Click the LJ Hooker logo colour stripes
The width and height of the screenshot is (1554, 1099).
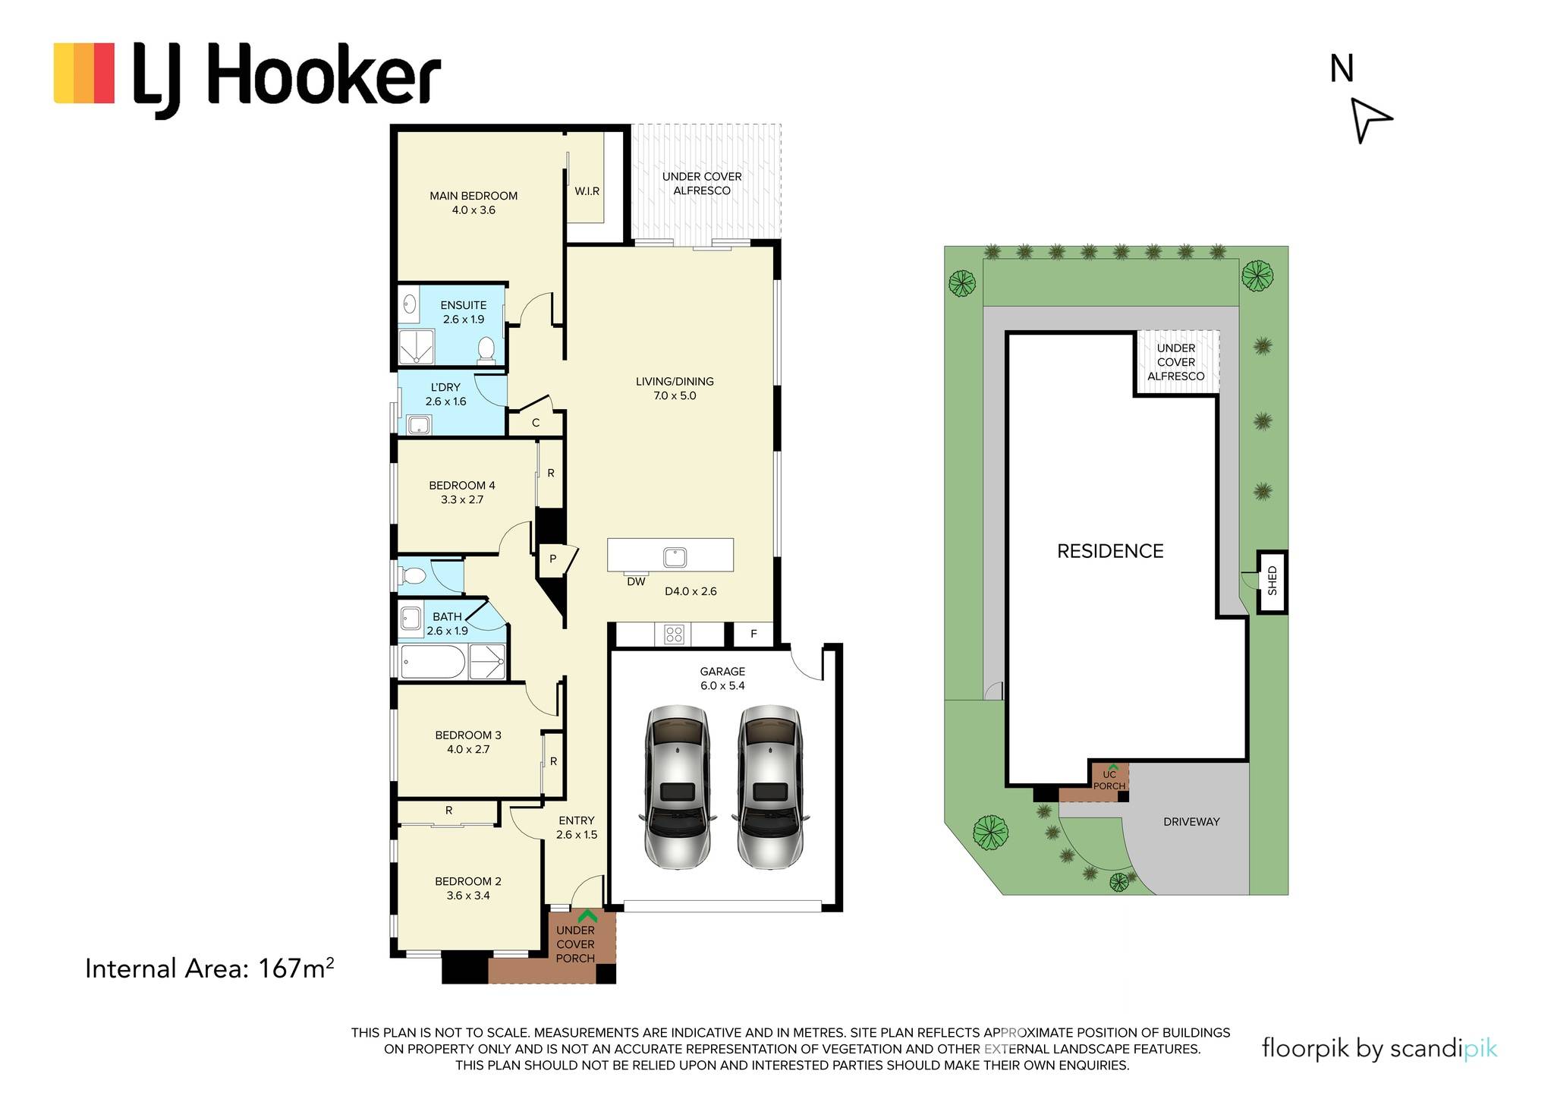coord(84,73)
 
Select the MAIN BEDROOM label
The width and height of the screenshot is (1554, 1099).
coord(473,196)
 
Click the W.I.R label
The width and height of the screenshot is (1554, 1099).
coord(587,191)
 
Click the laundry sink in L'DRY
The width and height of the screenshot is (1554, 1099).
coord(419,424)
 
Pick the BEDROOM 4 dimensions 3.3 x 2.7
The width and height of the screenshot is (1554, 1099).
coord(462,499)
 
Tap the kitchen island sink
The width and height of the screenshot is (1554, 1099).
coord(675,557)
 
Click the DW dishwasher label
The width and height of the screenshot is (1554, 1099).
coord(636,582)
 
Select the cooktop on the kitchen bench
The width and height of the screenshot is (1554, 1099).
coord(674,634)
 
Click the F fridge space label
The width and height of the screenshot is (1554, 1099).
coord(753,634)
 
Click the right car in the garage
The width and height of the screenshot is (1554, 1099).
coord(770,787)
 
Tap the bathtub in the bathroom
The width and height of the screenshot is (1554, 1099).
coord(433,662)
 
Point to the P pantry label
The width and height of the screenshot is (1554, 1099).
coord(553,559)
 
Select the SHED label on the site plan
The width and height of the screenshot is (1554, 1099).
coord(1272,581)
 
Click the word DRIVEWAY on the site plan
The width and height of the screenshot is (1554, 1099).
coord(1191,821)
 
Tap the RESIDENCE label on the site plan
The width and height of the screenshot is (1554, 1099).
coord(1110,551)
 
